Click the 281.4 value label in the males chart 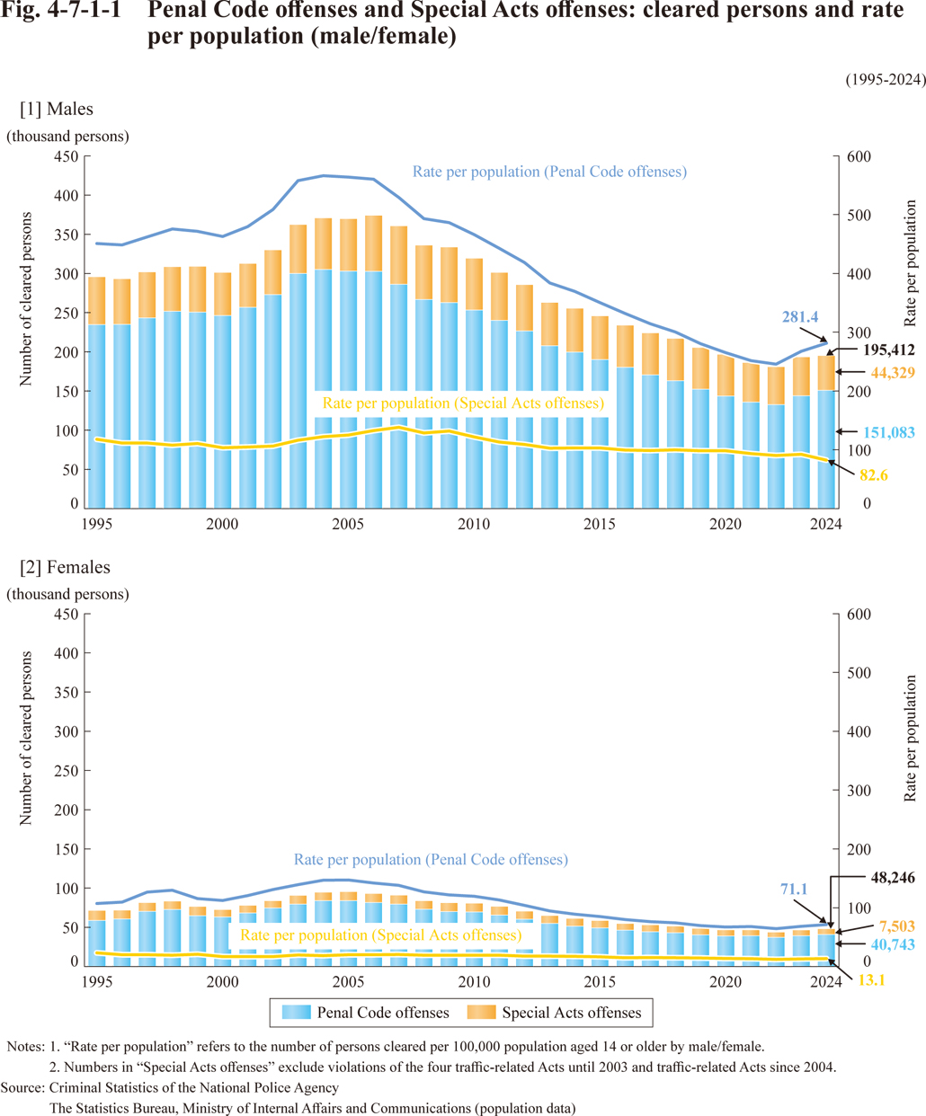[x=799, y=317]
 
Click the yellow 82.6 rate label [x=873, y=475]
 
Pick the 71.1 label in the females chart [x=793, y=890]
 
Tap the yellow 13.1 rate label [x=871, y=980]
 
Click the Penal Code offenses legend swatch [x=296, y=1013]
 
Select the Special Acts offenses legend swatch [x=481, y=1013]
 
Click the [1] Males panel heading [x=57, y=109]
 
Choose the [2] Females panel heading [x=65, y=567]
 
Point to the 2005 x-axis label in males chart [x=348, y=524]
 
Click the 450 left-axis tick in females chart [x=67, y=614]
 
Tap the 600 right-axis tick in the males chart [x=859, y=156]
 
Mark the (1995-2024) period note [x=885, y=79]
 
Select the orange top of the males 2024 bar [x=825, y=373]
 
